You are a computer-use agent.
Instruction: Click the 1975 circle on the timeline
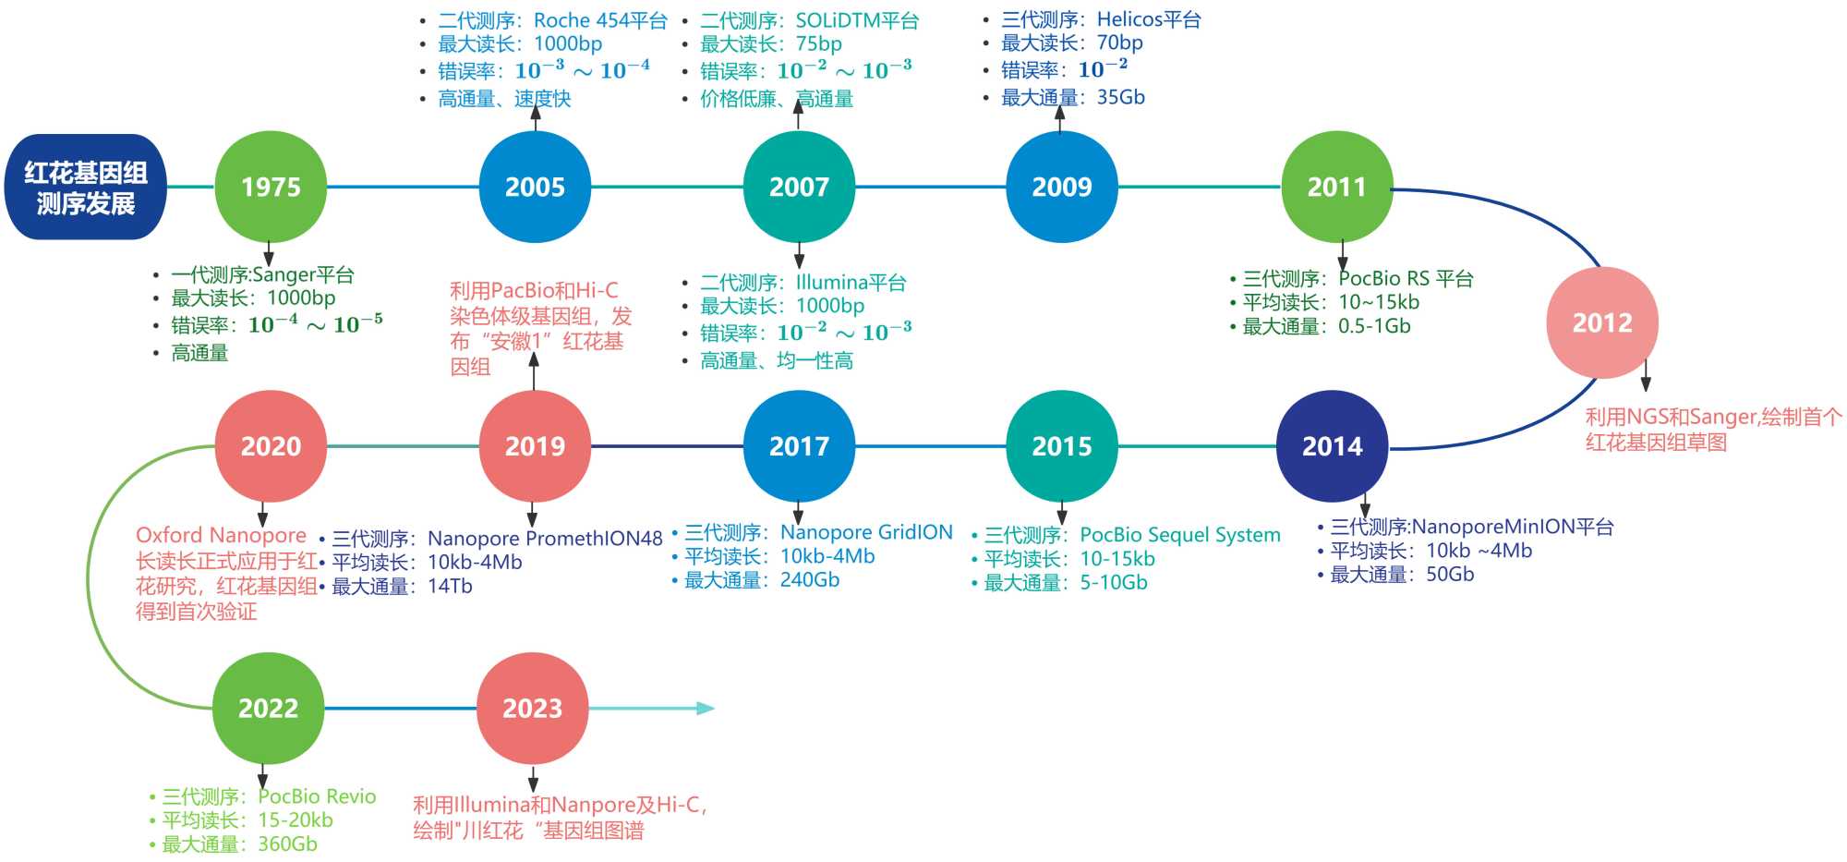271,187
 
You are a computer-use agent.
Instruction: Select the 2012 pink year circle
1602,322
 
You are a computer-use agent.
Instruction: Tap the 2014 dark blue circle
1332,446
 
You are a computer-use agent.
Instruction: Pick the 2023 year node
532,709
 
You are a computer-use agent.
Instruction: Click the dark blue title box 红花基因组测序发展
86,188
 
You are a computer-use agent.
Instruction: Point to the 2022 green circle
268,709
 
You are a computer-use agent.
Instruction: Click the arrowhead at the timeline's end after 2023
706,709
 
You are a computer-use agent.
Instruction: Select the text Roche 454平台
600,20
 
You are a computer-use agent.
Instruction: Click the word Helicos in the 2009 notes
1129,19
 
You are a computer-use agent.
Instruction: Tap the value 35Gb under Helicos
1120,97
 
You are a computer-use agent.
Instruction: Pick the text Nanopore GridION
866,532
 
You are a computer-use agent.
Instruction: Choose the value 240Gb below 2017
810,580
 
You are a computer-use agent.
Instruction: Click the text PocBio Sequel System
1180,535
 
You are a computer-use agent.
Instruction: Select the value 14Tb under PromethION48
450,587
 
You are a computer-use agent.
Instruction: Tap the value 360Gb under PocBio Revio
287,844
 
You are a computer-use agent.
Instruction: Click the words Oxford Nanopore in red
221,535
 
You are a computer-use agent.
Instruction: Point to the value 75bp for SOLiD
818,44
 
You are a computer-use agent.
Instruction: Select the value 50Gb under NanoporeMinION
1450,575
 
